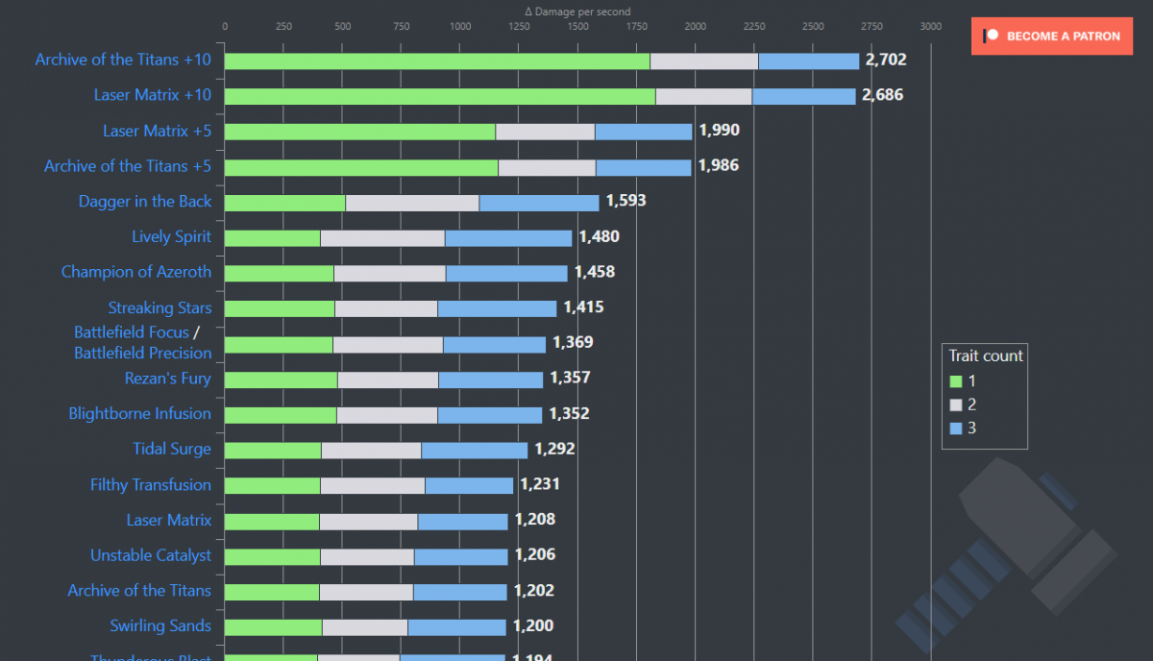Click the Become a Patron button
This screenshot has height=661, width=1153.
point(1051,37)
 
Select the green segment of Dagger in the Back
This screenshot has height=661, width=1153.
point(284,203)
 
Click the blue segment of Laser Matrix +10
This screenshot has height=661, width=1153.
point(803,96)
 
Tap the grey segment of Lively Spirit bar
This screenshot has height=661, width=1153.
point(382,238)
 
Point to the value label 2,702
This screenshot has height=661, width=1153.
point(885,60)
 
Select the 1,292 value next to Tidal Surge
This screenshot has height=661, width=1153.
point(554,449)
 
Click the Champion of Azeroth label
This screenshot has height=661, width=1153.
point(136,272)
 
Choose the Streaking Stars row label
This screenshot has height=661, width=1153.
point(159,307)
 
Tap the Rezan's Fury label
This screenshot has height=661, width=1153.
point(167,379)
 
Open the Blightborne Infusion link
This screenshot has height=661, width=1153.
point(139,414)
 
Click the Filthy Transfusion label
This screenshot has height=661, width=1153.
point(151,485)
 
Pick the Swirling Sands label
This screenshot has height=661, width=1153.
point(160,625)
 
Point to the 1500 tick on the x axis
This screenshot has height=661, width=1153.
point(577,26)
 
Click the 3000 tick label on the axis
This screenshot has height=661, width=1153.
point(930,26)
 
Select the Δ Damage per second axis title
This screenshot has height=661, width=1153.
point(577,12)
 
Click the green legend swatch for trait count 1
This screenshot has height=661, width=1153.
point(955,381)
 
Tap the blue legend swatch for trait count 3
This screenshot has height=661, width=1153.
point(955,428)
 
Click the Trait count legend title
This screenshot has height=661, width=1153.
point(986,355)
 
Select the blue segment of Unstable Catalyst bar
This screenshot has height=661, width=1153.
point(460,557)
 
